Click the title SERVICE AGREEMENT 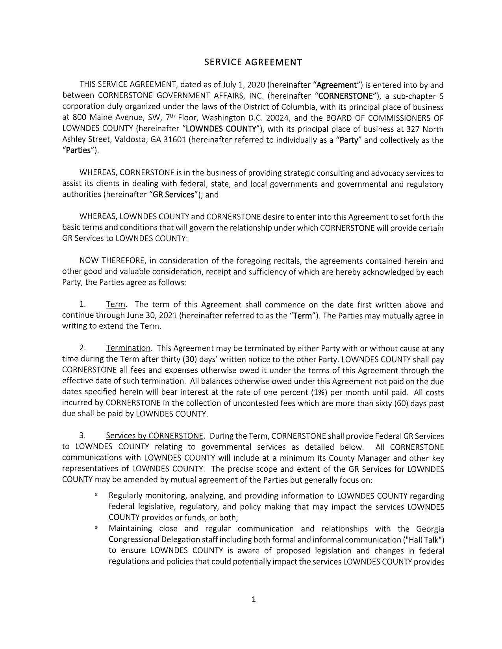254,63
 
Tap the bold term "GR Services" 173,195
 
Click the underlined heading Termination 128,348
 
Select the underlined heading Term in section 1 116,305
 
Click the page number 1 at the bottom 254,599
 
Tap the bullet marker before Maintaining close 96,528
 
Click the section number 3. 82,436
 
